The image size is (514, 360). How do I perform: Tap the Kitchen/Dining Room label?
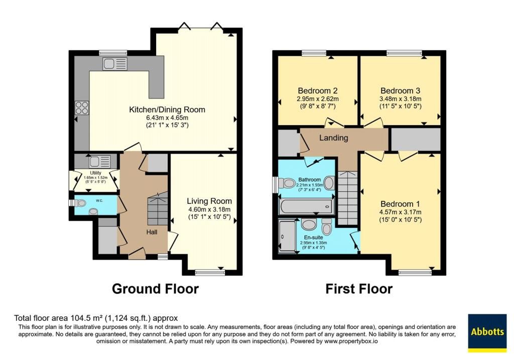(x=167, y=109)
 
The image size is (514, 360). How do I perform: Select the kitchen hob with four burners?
(x=82, y=107)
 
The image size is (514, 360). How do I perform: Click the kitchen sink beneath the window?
(x=115, y=64)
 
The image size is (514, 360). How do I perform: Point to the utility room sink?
(x=100, y=162)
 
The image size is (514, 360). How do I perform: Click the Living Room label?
(x=209, y=201)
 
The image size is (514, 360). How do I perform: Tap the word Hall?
(x=152, y=232)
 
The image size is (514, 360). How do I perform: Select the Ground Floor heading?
(x=156, y=289)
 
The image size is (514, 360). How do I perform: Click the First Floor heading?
(x=359, y=289)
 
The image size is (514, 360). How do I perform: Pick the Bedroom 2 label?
(x=318, y=90)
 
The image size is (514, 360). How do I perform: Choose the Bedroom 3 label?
(x=400, y=90)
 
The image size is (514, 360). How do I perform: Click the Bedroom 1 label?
(x=400, y=204)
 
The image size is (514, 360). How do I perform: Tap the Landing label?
(x=334, y=138)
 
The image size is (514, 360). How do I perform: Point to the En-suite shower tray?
(x=287, y=236)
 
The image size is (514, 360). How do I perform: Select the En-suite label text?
(x=313, y=237)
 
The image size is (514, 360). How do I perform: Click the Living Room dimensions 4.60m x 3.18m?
(x=209, y=209)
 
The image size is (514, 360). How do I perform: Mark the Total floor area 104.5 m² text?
(x=96, y=318)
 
